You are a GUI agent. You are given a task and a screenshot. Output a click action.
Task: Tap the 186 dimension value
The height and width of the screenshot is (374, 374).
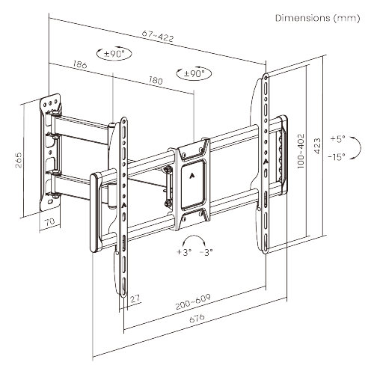pyautogui.click(x=80, y=66)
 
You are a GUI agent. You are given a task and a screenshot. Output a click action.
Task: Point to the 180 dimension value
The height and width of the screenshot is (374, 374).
pyautogui.click(x=156, y=79)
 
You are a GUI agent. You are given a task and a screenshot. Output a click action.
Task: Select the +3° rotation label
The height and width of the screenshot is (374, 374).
pyautogui.click(x=185, y=253)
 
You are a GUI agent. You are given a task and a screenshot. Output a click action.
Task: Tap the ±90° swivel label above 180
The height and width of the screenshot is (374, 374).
pyautogui.click(x=194, y=74)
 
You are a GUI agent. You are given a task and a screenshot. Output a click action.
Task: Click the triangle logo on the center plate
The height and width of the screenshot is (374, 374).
pyautogui.click(x=194, y=177)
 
